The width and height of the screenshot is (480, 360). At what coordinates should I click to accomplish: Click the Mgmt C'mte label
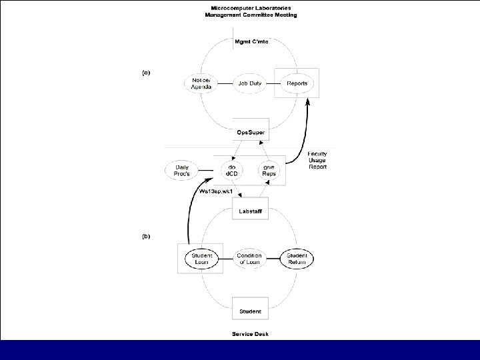point(251,41)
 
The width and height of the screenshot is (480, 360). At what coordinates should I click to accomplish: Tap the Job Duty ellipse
point(250,83)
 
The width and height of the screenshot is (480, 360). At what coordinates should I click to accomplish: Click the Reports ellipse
point(297,83)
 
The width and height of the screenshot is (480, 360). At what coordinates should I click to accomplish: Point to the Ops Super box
point(251,133)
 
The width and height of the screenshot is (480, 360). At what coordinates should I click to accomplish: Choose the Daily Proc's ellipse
point(182,171)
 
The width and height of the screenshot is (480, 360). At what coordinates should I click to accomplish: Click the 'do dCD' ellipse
point(232,171)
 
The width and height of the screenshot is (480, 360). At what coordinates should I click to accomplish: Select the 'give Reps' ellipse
point(269,171)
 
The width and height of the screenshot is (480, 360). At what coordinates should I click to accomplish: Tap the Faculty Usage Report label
point(317,160)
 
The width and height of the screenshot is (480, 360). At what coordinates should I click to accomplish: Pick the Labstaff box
point(250,212)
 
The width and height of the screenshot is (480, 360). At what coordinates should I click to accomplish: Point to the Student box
point(250,311)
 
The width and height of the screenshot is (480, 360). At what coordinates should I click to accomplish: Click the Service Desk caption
point(251,333)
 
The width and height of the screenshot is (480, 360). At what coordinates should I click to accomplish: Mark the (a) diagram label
point(146,72)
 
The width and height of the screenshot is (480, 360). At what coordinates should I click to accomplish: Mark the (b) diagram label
point(146,236)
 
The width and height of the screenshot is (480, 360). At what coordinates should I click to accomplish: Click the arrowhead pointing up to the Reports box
point(308,101)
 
